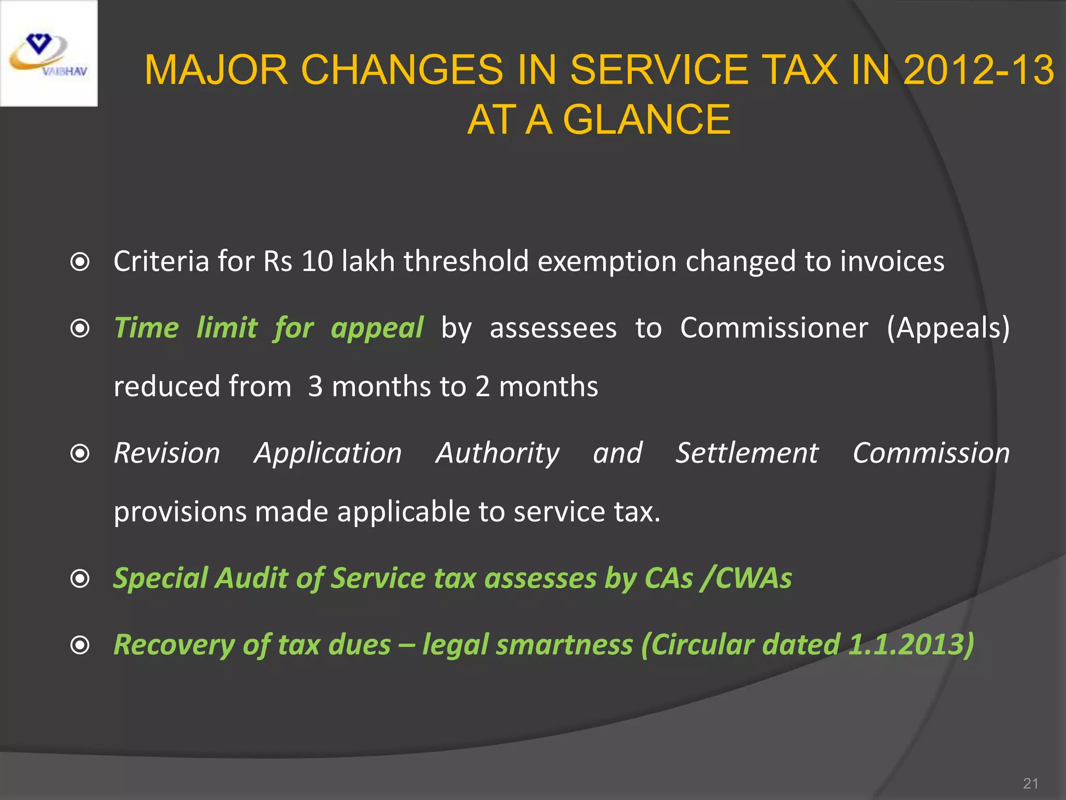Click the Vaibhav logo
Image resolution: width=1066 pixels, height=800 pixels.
point(48,54)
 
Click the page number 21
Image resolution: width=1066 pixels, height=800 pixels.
point(1031,783)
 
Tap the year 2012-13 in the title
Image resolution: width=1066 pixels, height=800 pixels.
point(979,70)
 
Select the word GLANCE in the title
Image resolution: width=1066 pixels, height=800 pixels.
point(646,120)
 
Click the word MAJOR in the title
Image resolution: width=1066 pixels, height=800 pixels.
point(216,70)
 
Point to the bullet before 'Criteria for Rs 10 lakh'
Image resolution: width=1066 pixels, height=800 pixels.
point(80,262)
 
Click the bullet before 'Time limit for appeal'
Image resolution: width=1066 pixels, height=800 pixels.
point(80,329)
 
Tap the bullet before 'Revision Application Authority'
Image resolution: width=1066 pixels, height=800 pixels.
point(80,454)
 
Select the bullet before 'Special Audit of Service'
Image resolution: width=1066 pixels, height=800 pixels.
point(80,579)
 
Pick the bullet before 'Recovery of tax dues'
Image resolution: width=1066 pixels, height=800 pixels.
point(80,645)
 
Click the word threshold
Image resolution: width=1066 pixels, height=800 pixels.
point(466,261)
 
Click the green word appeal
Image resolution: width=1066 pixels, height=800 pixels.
point(377,329)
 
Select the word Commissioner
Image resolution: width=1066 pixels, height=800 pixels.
point(774,328)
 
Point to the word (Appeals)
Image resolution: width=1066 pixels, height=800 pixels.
point(948,328)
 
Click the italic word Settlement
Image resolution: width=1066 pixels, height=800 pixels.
point(747,453)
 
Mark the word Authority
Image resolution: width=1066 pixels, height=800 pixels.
point(498,453)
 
